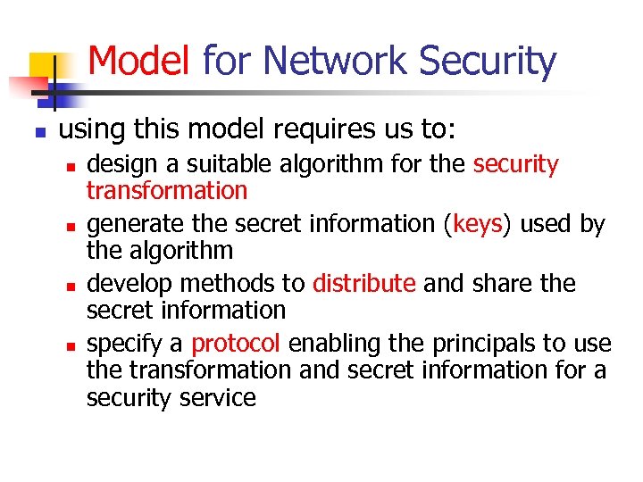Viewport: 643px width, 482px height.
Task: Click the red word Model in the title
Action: (x=139, y=61)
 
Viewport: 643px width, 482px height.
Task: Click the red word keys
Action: (x=478, y=224)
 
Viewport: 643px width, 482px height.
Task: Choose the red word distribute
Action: (x=363, y=284)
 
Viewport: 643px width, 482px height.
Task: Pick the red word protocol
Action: (x=236, y=344)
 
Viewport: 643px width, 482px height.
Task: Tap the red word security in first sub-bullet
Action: (x=515, y=164)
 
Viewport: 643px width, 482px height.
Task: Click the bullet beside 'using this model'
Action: (x=40, y=132)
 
